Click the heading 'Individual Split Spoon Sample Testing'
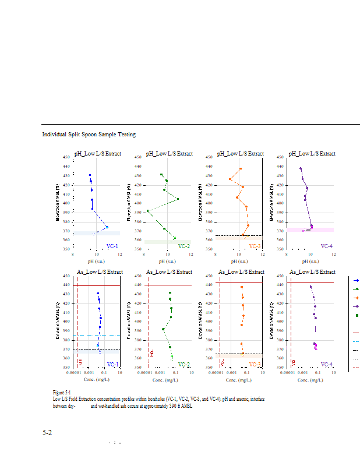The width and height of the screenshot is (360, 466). click(x=89, y=135)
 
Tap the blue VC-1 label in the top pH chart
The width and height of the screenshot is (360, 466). click(x=112, y=246)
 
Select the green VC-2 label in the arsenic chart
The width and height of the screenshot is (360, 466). click(x=183, y=365)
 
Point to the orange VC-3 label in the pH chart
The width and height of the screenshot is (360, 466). click(x=255, y=246)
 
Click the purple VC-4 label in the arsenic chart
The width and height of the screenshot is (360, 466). click(x=327, y=365)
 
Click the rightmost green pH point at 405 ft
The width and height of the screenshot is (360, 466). click(x=178, y=199)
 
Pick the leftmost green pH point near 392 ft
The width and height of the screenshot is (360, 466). click(x=147, y=211)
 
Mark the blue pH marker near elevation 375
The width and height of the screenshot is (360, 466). click(x=107, y=227)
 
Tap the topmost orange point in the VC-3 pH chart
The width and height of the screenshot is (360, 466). click(x=241, y=169)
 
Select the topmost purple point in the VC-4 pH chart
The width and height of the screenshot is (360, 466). click(x=301, y=169)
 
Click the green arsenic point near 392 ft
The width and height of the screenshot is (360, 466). click(x=163, y=329)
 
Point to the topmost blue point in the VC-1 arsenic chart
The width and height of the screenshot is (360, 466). click(x=98, y=294)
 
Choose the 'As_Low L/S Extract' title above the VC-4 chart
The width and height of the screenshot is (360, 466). click(x=313, y=272)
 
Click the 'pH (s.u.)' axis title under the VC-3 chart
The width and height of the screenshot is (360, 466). click(x=239, y=261)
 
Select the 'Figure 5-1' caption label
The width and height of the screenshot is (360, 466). click(x=61, y=393)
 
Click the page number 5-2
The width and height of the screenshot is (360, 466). click(x=47, y=433)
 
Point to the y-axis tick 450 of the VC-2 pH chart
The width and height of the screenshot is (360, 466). click(x=137, y=157)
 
